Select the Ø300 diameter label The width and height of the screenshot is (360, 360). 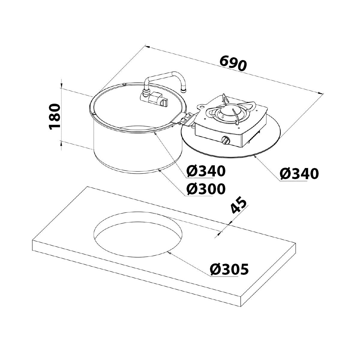click(205, 189)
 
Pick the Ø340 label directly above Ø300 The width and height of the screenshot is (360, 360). click(205, 171)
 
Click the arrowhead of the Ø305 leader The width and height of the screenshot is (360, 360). click(169, 253)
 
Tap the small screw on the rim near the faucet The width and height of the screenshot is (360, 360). click(124, 84)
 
